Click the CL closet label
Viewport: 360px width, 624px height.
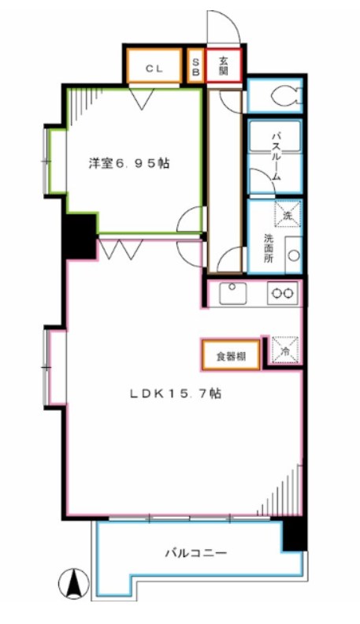[x=154, y=68]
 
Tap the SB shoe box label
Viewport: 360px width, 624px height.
[x=195, y=68]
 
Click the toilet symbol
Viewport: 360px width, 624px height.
[x=284, y=95]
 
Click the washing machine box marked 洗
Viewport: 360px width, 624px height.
[x=287, y=214]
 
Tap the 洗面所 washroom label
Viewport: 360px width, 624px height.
[x=269, y=247]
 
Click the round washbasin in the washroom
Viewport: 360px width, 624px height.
[x=293, y=254]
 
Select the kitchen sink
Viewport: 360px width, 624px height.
[x=233, y=293]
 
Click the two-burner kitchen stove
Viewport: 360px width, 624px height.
[x=283, y=293]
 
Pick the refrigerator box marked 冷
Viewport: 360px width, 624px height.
[x=284, y=349]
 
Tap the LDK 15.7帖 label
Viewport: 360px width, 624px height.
[x=175, y=394]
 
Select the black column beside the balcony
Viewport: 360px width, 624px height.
[x=294, y=534]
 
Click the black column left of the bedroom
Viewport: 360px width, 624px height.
[x=80, y=235]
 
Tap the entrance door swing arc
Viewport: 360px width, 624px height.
[x=224, y=25]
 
